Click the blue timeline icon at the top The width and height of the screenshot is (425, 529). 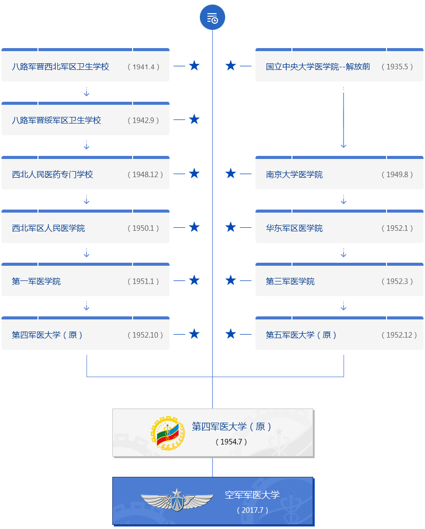coord(212,18)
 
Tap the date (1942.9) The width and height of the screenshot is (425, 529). coord(143,120)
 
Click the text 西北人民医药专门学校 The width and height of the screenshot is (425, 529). coord(53,175)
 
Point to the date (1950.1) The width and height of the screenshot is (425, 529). coord(143,228)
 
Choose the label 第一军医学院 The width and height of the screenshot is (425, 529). coord(36,281)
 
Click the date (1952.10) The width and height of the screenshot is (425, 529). coord(145,335)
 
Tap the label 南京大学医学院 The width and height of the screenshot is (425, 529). coord(294,175)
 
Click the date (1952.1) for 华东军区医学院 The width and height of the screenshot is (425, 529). coord(397,228)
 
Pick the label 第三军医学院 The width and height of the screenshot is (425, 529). coord(290,281)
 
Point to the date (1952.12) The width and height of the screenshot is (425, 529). coord(399,335)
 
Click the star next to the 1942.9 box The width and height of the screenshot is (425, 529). coord(194,119)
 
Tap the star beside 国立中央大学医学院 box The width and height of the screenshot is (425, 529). coord(231,66)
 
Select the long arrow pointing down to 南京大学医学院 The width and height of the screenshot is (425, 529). coord(344,119)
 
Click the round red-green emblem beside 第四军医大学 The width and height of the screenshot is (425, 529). coord(167,433)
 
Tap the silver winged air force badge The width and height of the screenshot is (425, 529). coord(177,500)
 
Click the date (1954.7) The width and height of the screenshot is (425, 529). coord(232,442)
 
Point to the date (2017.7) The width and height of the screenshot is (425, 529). coord(252,510)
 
